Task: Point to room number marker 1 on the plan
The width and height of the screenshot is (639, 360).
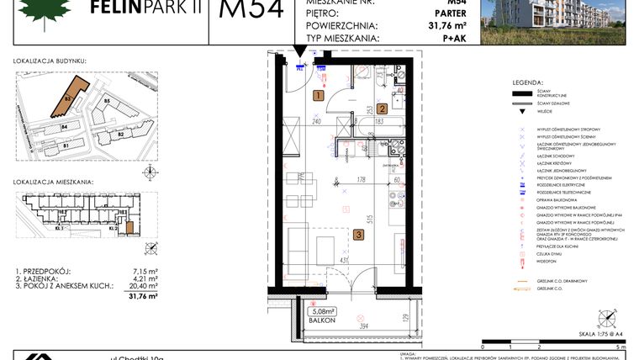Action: [x=318, y=96]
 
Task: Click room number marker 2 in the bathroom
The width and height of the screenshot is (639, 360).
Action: [x=381, y=109]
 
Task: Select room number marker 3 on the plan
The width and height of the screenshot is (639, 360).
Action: [x=358, y=236]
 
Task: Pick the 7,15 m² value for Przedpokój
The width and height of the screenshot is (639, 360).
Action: [x=134, y=271]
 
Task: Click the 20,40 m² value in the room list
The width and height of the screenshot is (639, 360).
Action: [x=133, y=285]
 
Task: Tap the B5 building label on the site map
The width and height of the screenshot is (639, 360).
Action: [x=107, y=102]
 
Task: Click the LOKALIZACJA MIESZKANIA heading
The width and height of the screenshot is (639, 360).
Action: [x=53, y=181]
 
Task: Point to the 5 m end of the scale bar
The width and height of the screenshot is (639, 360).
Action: [x=621, y=346]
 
